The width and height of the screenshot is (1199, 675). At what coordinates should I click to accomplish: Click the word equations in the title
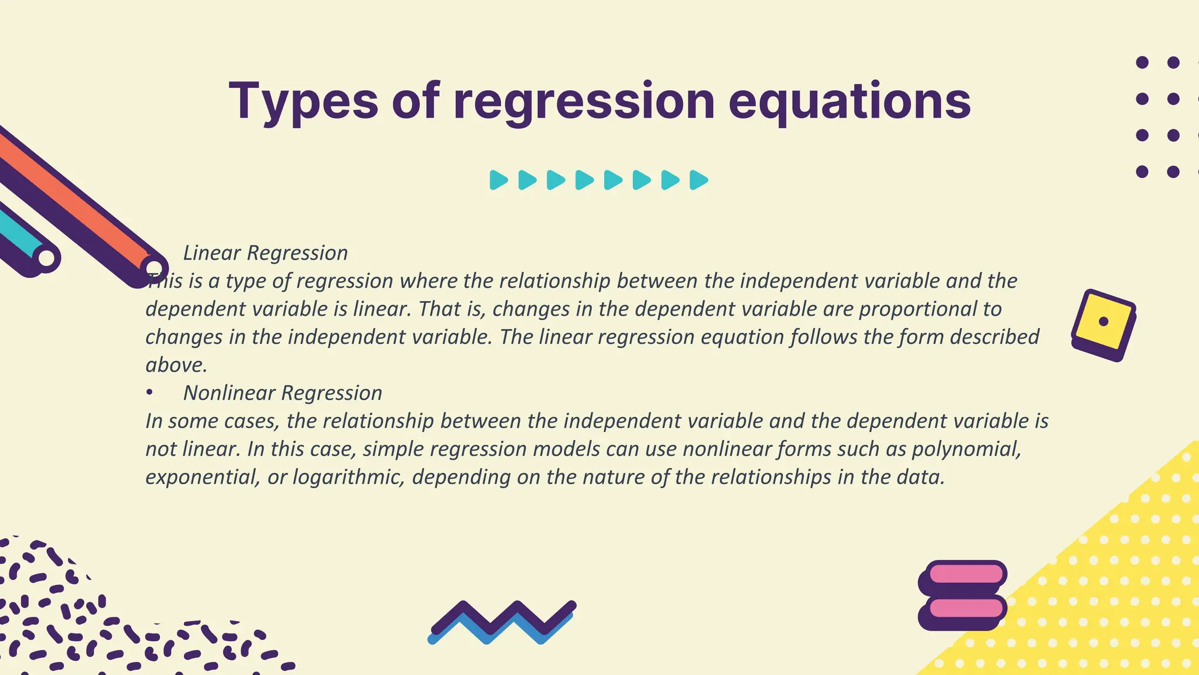click(x=849, y=101)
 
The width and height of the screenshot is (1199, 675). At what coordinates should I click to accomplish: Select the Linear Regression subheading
click(x=265, y=253)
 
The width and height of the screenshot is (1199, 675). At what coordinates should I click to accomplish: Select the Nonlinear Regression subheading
click(x=282, y=393)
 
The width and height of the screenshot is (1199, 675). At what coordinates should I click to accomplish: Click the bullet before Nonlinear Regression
click(x=150, y=393)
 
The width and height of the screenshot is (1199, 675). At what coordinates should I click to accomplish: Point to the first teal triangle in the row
click(x=498, y=180)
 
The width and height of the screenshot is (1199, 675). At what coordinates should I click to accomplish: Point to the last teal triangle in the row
click(x=698, y=180)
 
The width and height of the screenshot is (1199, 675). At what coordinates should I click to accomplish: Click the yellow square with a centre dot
click(x=1104, y=322)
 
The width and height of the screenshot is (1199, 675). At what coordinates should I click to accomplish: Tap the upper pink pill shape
click(x=966, y=573)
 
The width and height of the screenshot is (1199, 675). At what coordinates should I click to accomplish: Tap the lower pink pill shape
click(x=966, y=608)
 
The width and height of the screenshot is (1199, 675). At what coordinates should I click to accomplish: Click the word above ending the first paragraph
click(x=176, y=365)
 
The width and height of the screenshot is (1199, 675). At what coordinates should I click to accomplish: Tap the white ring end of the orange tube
click(x=155, y=268)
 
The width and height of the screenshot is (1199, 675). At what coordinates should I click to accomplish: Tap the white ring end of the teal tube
click(x=47, y=258)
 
